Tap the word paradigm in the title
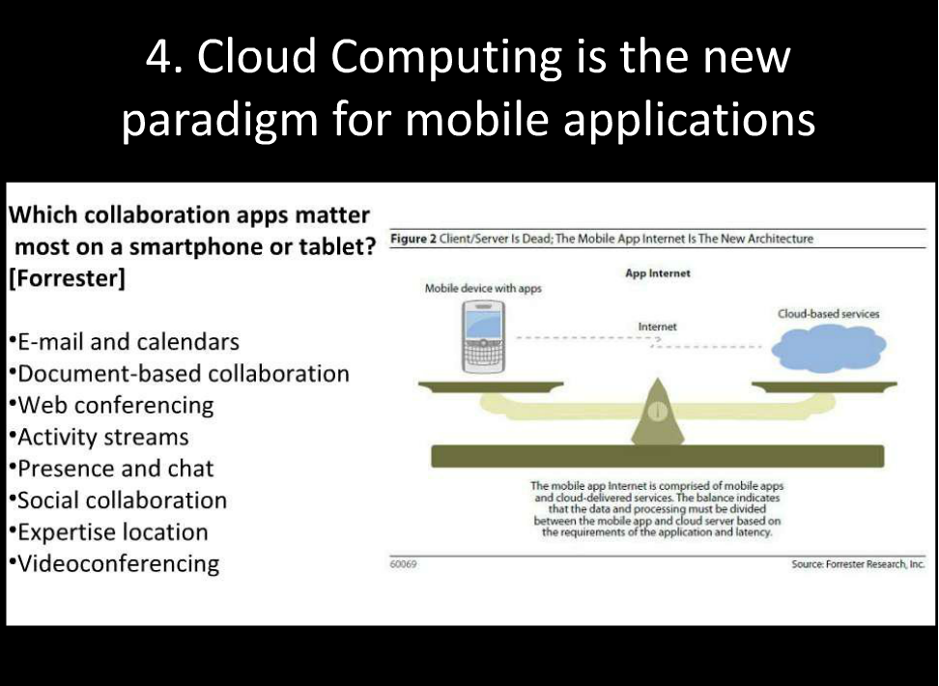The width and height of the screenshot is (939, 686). point(220,121)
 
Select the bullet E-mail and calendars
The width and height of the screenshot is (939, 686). point(125,341)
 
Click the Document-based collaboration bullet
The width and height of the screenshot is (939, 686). point(179,373)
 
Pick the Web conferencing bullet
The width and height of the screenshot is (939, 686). point(112,406)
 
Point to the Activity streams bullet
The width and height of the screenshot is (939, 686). point(100,437)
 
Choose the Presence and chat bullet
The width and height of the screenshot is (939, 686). point(112,469)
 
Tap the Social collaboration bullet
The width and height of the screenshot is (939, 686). point(118,500)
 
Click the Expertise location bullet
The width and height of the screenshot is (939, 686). point(109,532)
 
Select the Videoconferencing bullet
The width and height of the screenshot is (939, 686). point(114,564)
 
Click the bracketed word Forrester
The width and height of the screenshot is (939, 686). point(67,278)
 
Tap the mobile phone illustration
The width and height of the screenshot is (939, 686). point(483,336)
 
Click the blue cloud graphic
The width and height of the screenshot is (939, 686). point(829,348)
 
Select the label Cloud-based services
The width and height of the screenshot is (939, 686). point(828,313)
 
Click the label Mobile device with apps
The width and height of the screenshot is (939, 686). point(483,288)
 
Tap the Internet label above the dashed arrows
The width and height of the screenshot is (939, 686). point(657,327)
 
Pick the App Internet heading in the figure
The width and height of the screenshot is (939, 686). point(658,273)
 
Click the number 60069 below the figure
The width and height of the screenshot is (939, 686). point(403,564)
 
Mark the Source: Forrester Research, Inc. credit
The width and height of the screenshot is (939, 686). point(858,564)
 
